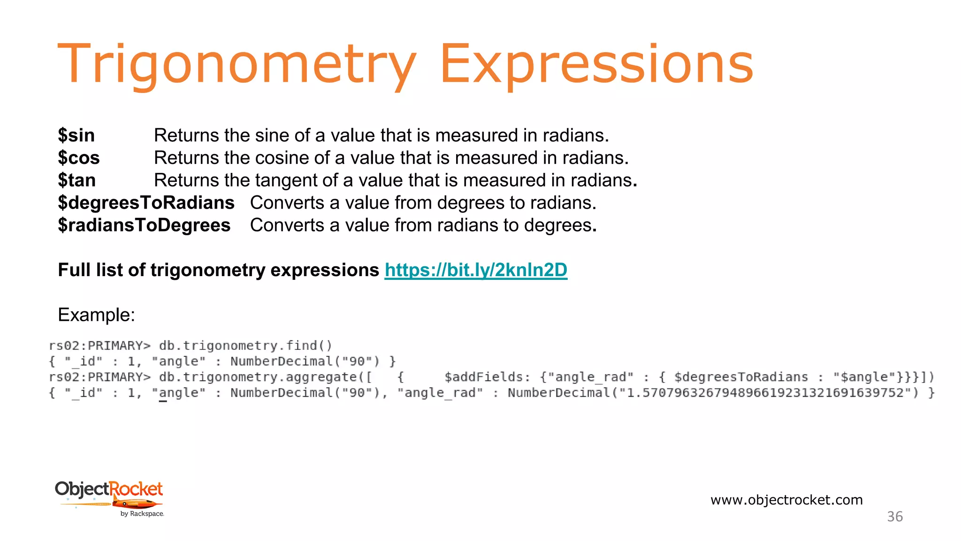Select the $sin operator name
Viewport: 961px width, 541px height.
coord(76,135)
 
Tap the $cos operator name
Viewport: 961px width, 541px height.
coord(79,158)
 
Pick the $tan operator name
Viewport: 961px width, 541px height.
coord(76,180)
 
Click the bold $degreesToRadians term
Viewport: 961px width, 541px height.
coord(146,203)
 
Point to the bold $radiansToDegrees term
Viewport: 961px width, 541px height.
coord(144,225)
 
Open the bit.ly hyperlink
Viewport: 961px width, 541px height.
coord(476,270)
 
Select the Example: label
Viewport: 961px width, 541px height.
coord(96,315)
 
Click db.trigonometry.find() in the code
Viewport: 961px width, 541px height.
coord(245,346)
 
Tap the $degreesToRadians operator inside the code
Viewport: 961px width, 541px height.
coord(741,377)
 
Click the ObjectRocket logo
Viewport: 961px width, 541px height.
coord(109,493)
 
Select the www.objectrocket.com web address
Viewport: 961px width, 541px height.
coord(786,500)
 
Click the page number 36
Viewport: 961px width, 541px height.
coord(895,517)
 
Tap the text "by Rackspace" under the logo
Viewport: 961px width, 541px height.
coord(142,514)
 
